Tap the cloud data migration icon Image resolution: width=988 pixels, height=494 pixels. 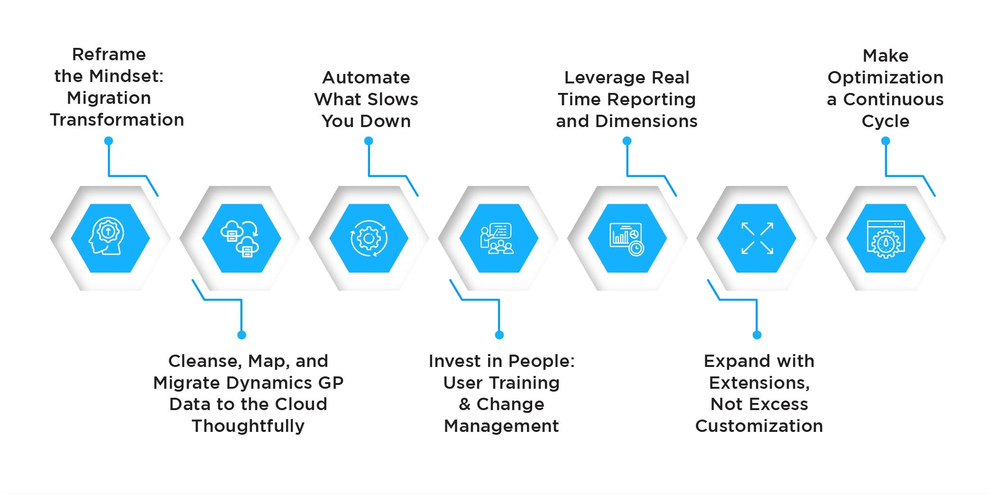point(240,238)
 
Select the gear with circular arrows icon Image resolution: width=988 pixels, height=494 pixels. point(369,238)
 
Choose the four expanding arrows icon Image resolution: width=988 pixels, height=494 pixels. point(757,238)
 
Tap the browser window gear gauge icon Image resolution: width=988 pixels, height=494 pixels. point(886,239)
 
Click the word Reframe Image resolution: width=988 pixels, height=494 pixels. point(109,55)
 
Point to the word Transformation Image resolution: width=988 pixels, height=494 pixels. point(117,120)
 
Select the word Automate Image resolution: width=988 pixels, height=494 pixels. point(366,77)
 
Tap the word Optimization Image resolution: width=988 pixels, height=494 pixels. point(886,78)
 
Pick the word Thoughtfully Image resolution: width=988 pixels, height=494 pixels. point(248,426)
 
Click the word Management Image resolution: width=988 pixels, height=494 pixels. point(501,426)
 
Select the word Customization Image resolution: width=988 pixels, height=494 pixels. point(759,426)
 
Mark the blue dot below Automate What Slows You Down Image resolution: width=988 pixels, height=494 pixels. point(369,141)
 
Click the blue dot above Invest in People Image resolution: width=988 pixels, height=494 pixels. point(499,335)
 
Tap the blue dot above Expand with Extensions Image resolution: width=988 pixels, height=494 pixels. point(757,335)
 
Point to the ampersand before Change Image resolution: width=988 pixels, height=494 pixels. point(464,404)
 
